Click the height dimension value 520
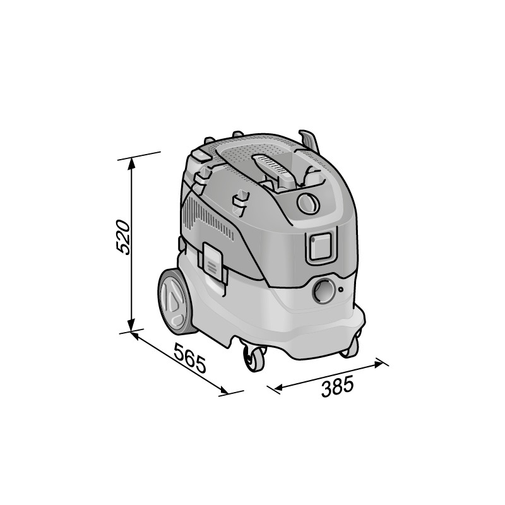(124, 237)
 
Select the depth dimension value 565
(191, 357)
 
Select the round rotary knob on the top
(308, 203)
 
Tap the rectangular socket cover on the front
(321, 246)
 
